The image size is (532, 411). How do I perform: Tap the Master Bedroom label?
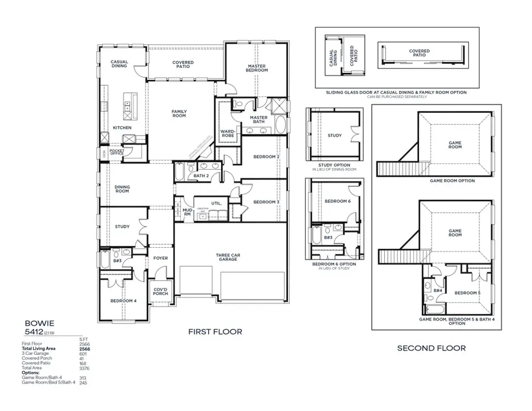(x=257, y=68)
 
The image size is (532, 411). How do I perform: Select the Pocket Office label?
(x=116, y=151)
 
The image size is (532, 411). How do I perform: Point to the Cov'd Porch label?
(x=161, y=292)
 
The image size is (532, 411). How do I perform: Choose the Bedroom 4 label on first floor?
(x=123, y=301)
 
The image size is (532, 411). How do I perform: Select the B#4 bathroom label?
(x=438, y=290)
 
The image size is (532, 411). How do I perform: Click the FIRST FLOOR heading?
(x=215, y=332)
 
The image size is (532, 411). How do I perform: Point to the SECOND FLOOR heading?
(x=431, y=348)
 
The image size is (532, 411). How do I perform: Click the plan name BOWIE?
(x=40, y=323)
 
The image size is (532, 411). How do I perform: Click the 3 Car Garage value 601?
(x=83, y=354)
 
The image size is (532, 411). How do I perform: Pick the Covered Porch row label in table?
(x=38, y=358)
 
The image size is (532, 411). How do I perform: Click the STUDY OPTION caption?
(x=334, y=165)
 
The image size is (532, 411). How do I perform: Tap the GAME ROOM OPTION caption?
(x=452, y=181)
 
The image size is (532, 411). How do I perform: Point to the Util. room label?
(x=216, y=203)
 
